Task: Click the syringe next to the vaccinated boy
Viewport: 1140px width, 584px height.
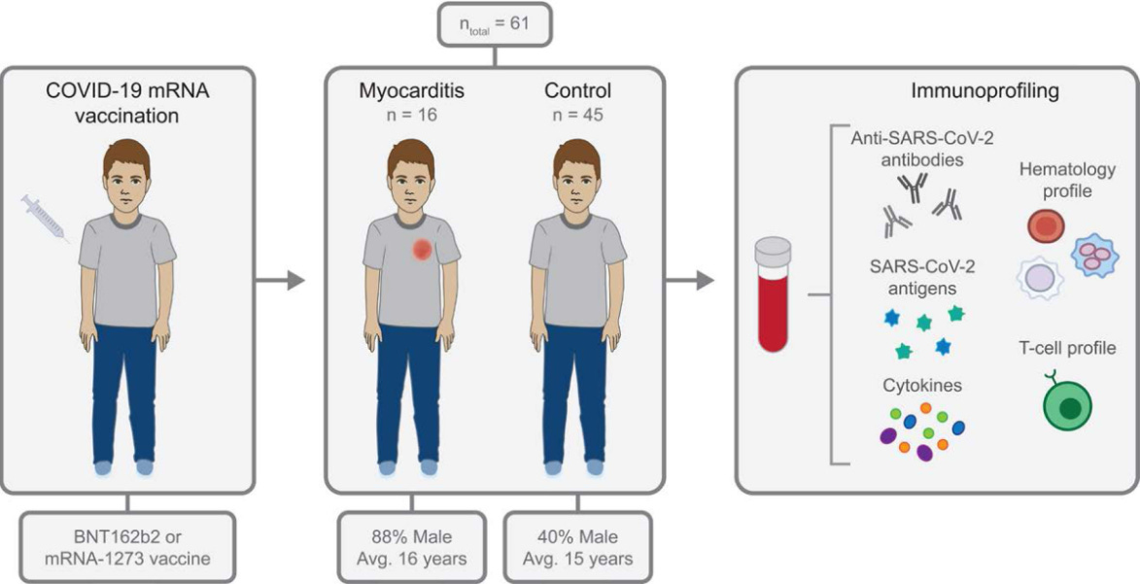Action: [x=44, y=217]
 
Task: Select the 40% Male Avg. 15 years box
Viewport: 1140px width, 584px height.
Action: [x=576, y=547]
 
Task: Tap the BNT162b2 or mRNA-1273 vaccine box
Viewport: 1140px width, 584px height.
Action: [x=128, y=547]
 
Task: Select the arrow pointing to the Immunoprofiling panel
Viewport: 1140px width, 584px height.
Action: [x=692, y=283]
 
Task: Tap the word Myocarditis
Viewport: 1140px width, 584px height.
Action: [x=408, y=93]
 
